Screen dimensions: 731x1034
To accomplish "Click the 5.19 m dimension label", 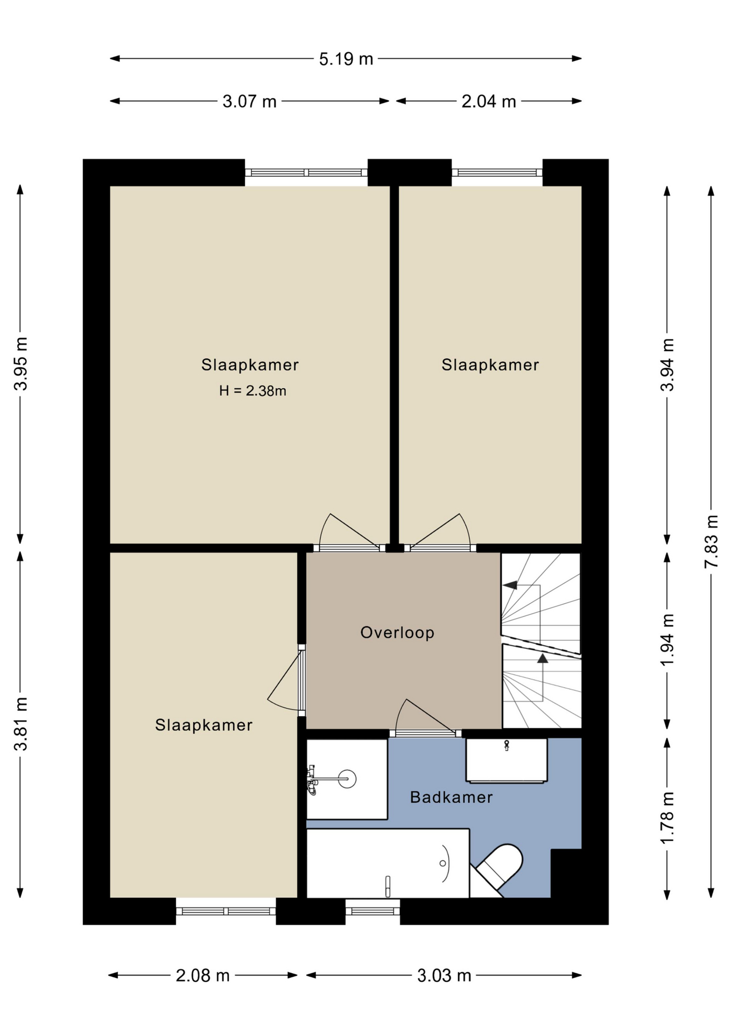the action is point(346,59).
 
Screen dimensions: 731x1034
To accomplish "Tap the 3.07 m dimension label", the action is point(249,101).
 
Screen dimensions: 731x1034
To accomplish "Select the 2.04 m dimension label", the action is point(489,101).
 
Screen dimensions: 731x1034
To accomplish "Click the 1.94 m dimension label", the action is point(667,639).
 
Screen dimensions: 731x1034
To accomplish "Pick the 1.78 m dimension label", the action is point(667,818).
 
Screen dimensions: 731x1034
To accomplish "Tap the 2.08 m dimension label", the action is point(202,975).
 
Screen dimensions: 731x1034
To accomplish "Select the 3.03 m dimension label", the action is point(444,975).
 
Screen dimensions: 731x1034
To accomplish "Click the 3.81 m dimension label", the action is point(20,724).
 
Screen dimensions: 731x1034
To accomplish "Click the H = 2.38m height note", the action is point(252,391).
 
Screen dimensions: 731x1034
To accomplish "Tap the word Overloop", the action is point(397,632).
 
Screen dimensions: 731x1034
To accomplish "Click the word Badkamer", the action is point(451,797).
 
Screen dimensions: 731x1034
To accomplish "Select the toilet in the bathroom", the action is point(498,868).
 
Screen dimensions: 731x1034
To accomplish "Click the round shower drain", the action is point(347,779).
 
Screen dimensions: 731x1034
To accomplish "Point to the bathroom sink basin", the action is point(506,760).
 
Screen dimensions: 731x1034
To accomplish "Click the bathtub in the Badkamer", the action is point(388,863).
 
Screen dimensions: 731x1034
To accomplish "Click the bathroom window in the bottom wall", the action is point(372,911).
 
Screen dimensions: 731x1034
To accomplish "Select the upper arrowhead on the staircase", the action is point(510,585).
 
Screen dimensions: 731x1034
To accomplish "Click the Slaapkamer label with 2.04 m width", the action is point(490,365).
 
